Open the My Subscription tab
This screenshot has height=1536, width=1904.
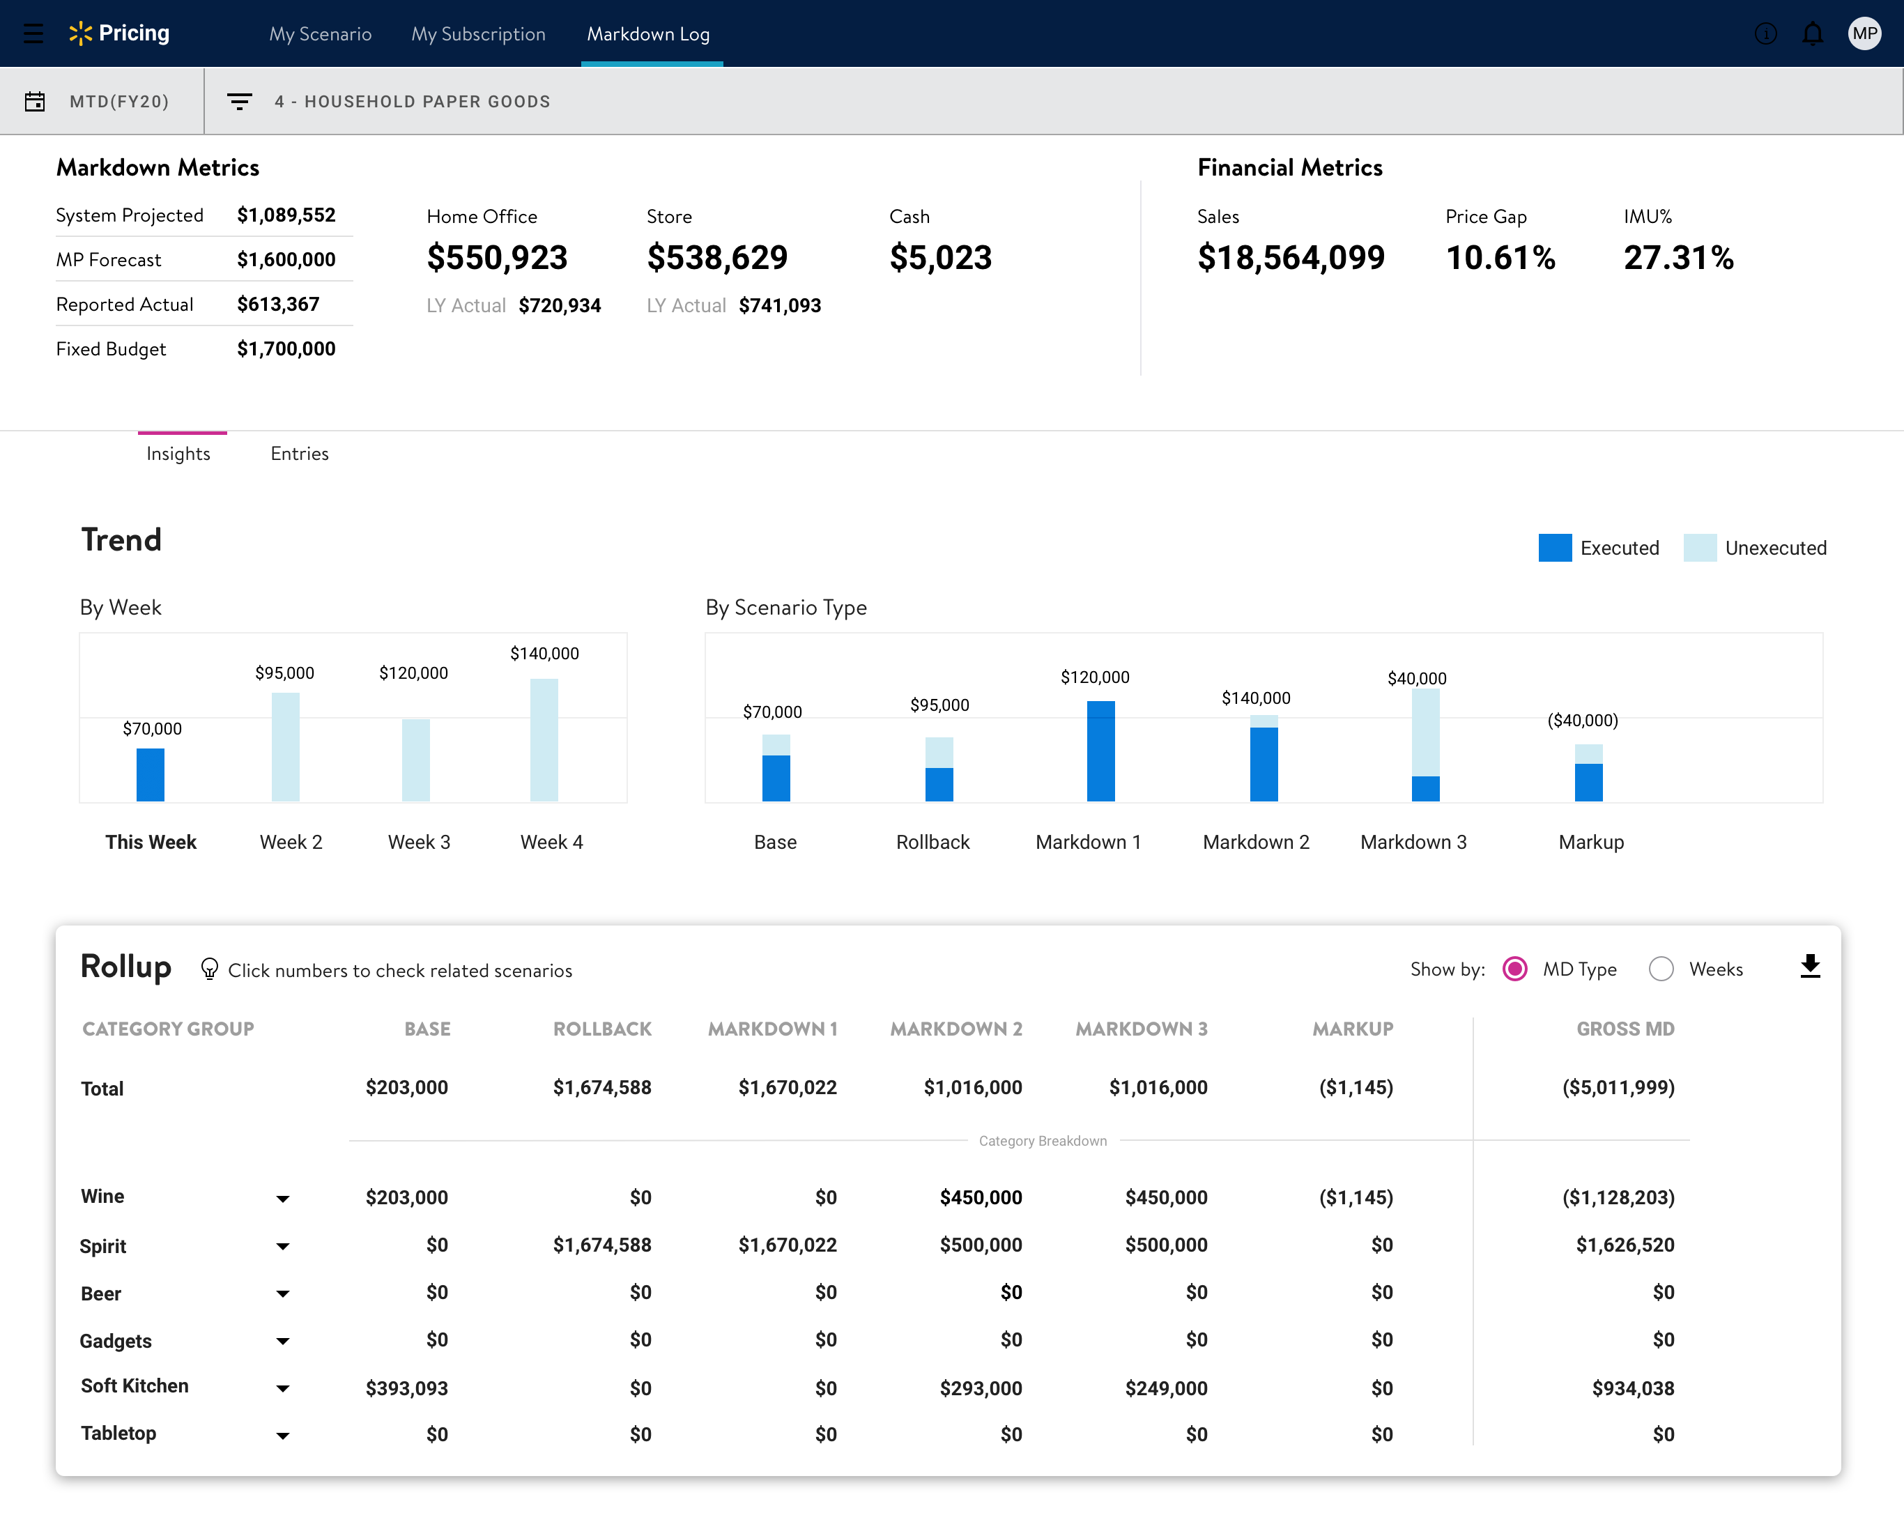[478, 33]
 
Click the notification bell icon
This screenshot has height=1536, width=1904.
[1813, 33]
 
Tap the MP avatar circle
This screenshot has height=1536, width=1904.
[1864, 33]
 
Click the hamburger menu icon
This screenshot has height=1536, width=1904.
[33, 33]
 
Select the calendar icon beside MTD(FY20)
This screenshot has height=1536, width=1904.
[35, 102]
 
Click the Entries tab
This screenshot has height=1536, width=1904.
[299, 454]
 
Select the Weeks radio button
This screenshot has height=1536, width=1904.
[1661, 969]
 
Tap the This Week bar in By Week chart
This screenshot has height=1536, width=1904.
[151, 775]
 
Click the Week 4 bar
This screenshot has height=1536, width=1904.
[544, 739]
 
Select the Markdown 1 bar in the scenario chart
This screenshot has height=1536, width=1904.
[1100, 751]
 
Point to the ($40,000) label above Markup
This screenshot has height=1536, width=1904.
[1582, 720]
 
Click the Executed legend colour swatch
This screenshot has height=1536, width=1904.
[1555, 548]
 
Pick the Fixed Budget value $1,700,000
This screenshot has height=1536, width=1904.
[286, 348]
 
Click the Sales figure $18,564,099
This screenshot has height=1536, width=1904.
[1291, 257]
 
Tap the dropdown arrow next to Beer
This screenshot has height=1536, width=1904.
[282, 1293]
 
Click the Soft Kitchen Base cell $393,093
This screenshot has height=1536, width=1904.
[406, 1388]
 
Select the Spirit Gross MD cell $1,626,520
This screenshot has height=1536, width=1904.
[1625, 1245]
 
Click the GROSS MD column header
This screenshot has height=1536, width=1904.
[1625, 1029]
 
